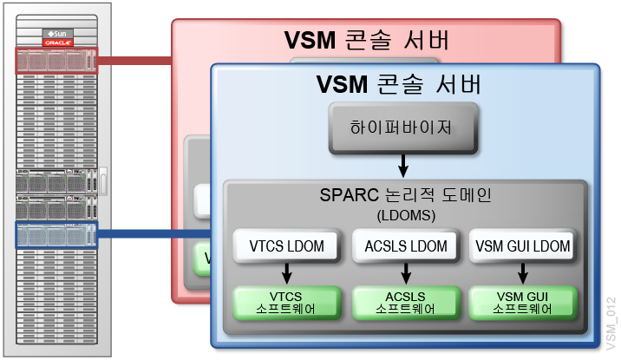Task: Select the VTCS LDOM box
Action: pyautogui.click(x=285, y=247)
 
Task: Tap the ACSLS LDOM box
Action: pyautogui.click(x=402, y=247)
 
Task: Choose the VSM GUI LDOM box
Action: pyautogui.click(x=523, y=247)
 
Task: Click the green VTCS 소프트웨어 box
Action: pyautogui.click(x=285, y=301)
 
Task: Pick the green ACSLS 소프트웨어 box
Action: pyautogui.click(x=402, y=301)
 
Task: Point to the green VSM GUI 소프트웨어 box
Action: pyautogui.click(x=522, y=301)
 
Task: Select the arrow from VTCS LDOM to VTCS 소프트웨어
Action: pyautogui.click(x=285, y=274)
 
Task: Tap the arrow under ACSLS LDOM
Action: pyautogui.click(x=402, y=274)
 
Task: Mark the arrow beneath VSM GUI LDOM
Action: pyautogui.click(x=522, y=274)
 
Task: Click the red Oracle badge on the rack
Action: pyautogui.click(x=56, y=42)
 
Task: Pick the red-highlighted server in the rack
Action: pyautogui.click(x=56, y=61)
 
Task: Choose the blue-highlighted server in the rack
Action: pyautogui.click(x=56, y=234)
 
